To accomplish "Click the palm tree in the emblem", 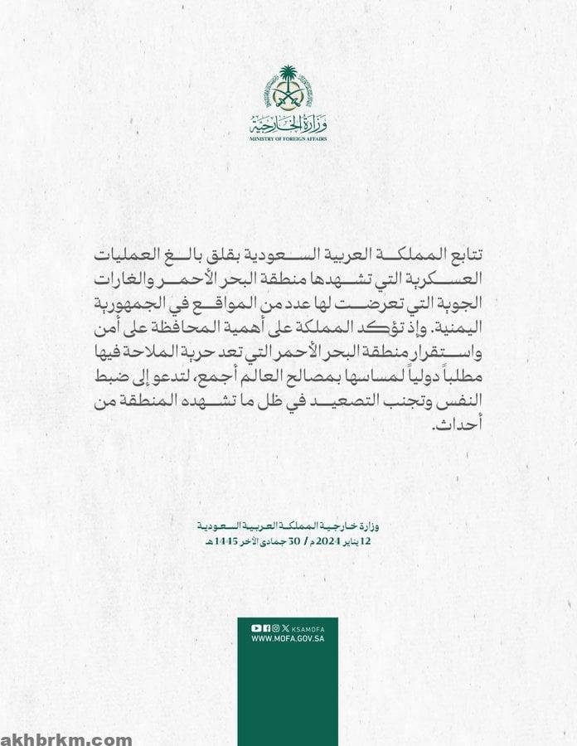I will (288, 77).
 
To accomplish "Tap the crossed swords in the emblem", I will (288, 97).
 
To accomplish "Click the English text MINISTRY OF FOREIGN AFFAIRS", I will (288, 139).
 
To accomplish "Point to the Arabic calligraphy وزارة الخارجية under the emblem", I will (288, 125).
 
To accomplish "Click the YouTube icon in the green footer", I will (256, 627).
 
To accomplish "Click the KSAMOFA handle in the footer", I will (309, 627).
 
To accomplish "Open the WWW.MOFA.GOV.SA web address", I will (288, 638).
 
